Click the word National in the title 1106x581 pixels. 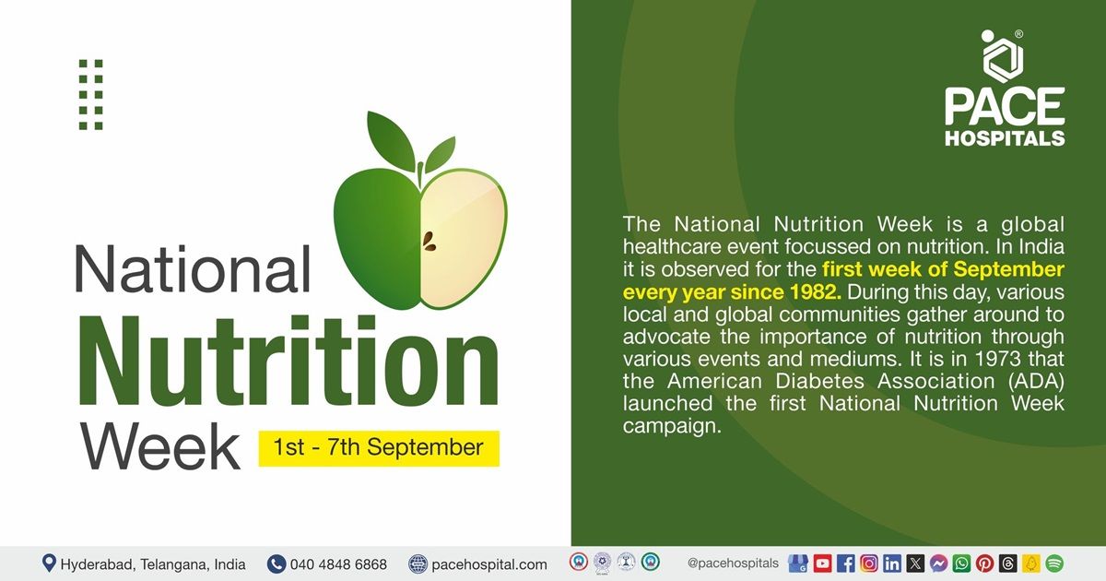(193, 271)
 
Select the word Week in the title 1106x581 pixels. (160, 446)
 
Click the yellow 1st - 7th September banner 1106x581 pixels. (378, 448)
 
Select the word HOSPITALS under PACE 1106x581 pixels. (1005, 138)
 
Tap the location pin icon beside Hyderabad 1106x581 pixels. (49, 563)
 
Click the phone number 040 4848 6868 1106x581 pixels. (338, 563)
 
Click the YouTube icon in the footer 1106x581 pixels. (822, 563)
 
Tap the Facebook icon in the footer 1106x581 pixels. (845, 563)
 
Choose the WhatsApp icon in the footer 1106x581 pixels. (961, 563)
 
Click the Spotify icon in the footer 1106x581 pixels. (1054, 563)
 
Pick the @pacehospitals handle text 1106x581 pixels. (733, 563)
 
